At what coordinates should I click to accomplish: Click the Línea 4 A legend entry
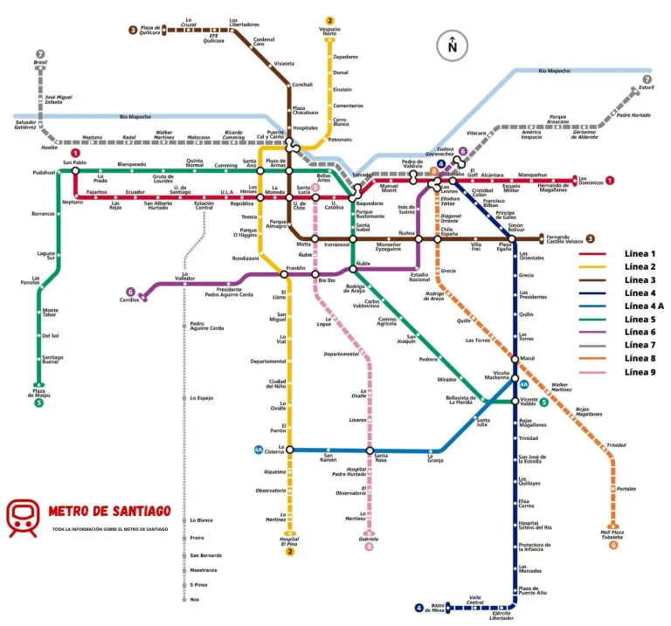(x=644, y=306)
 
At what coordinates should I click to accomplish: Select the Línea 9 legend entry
(x=640, y=372)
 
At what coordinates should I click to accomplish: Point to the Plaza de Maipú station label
(x=38, y=392)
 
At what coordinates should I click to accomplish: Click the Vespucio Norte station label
(x=329, y=31)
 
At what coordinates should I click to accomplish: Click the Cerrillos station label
(x=129, y=300)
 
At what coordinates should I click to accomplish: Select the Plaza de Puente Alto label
(x=532, y=592)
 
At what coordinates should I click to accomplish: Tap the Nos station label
(x=194, y=600)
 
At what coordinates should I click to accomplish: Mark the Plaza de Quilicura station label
(x=150, y=30)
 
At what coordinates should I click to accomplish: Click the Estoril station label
(x=646, y=87)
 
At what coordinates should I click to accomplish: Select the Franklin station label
(x=295, y=268)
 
